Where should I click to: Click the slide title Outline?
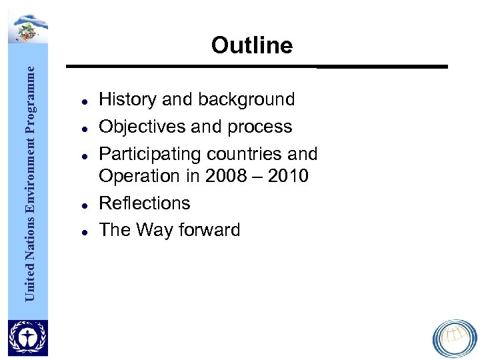(x=251, y=45)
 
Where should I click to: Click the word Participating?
(x=150, y=154)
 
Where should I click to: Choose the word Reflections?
(x=145, y=203)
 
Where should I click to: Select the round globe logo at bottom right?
(x=455, y=338)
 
